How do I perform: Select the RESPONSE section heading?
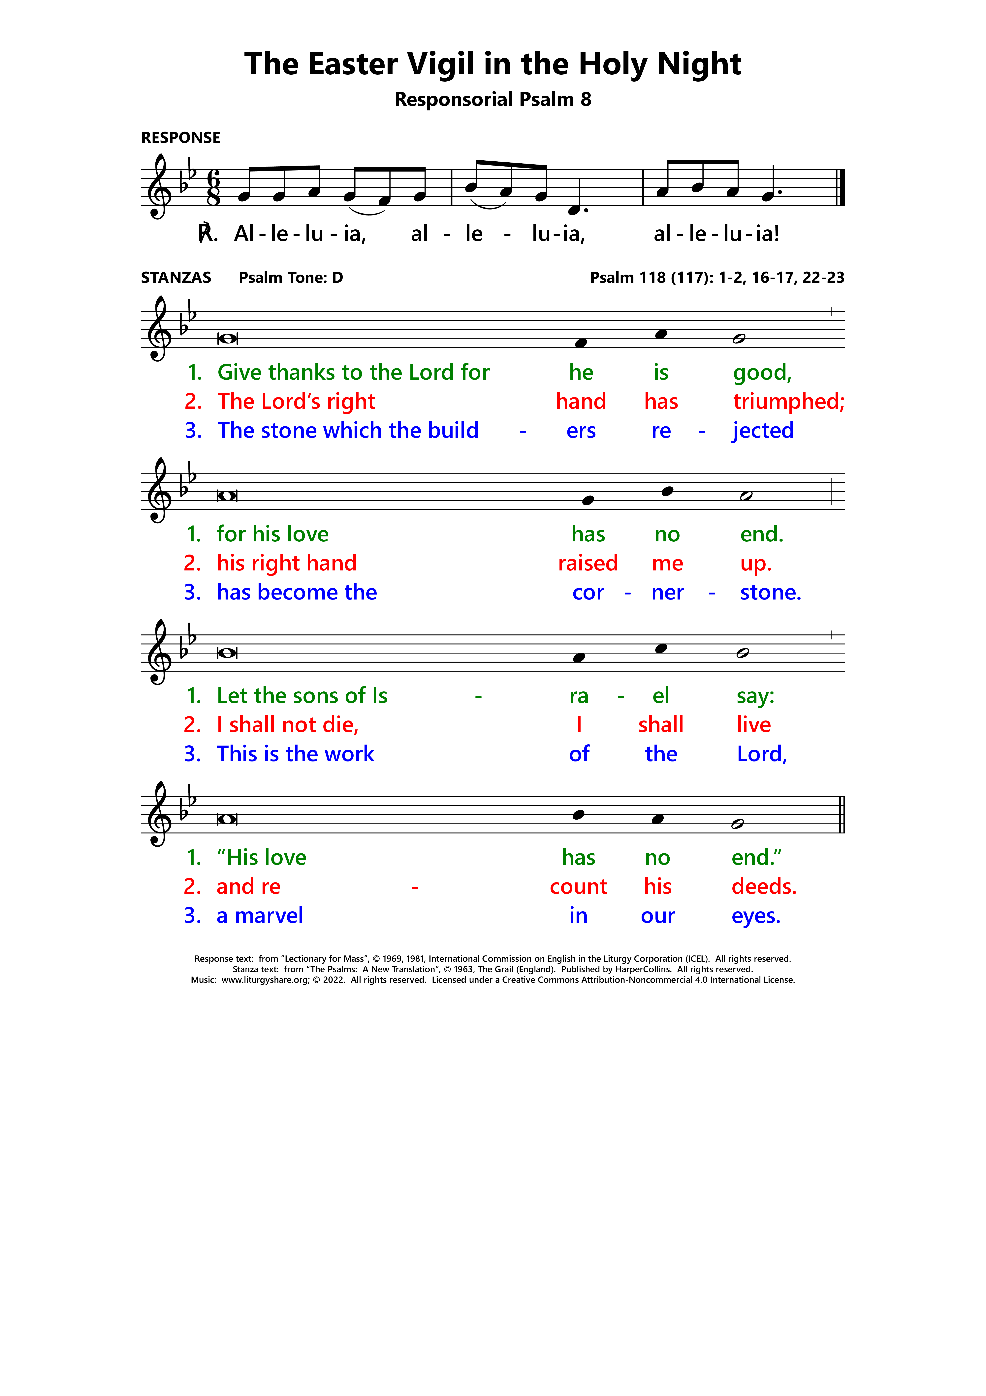point(180,138)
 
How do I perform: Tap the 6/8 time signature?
point(214,188)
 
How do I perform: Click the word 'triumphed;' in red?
point(788,401)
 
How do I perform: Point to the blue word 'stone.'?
point(770,592)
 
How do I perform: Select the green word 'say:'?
point(755,696)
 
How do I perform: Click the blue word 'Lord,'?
point(761,754)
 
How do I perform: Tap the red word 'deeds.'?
point(764,886)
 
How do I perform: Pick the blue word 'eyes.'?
point(756,916)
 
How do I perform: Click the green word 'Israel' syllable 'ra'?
point(578,696)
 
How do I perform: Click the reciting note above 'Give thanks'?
point(227,339)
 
